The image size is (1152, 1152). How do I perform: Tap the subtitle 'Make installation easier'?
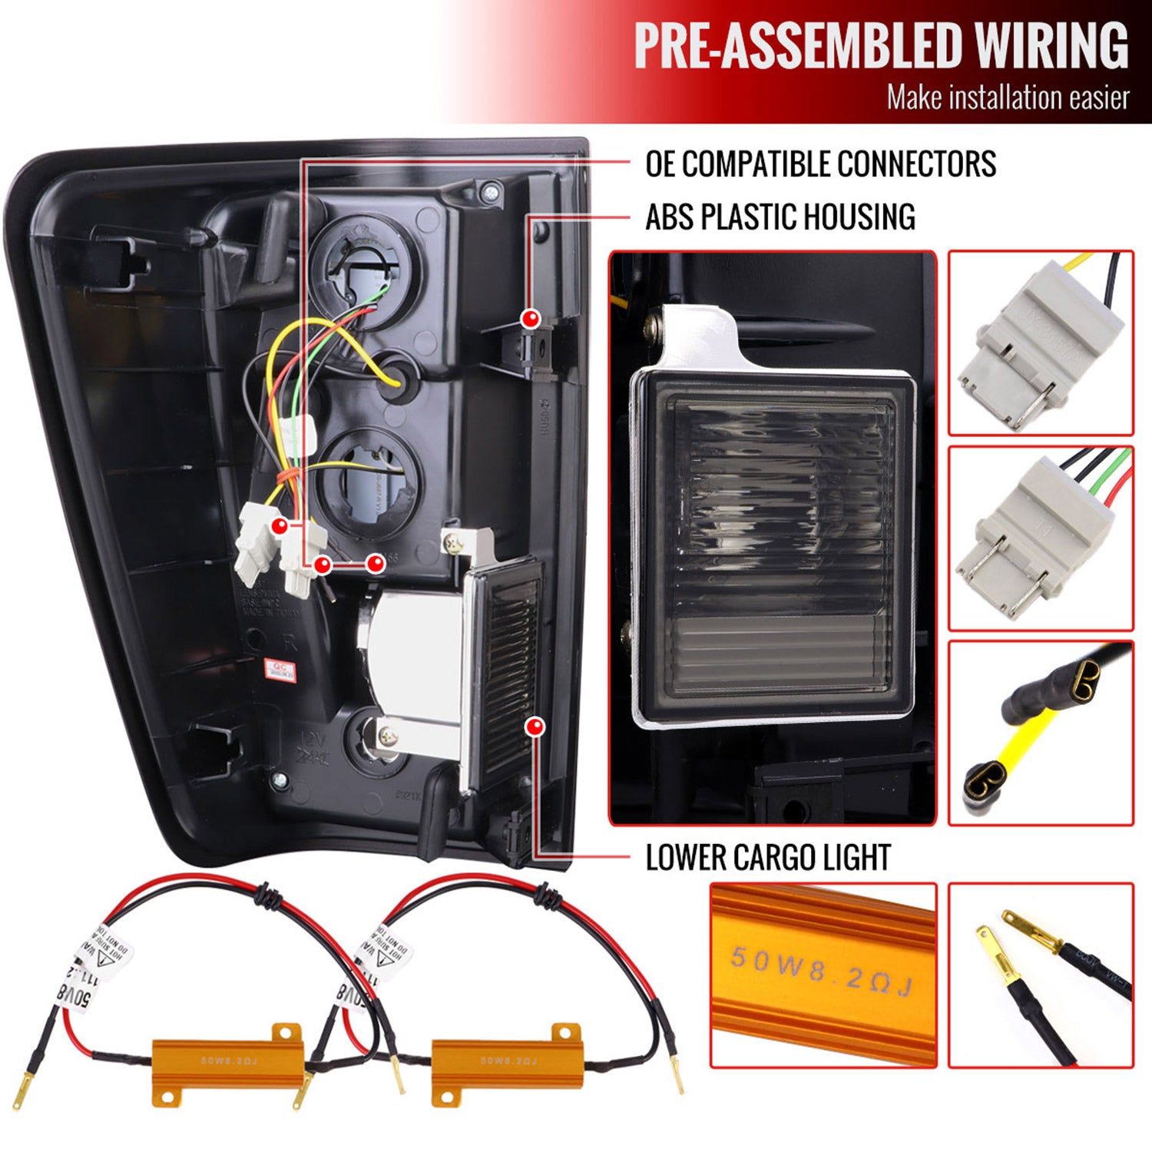pyautogui.click(x=1008, y=98)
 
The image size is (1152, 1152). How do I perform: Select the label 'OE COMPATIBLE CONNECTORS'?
pyautogui.click(x=820, y=164)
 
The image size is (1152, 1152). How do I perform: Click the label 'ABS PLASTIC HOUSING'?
pyautogui.click(x=780, y=217)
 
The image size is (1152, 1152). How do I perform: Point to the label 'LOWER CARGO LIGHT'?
pyautogui.click(x=767, y=858)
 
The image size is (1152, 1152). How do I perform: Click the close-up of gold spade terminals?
pyautogui.click(x=1041, y=975)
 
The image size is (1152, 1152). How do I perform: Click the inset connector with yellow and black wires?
pyautogui.click(x=1041, y=343)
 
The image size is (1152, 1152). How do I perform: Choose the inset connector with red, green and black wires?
pyautogui.click(x=1041, y=538)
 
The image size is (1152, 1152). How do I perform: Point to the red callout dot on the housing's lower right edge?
pyautogui.click(x=535, y=726)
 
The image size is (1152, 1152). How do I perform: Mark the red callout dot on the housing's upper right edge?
pyautogui.click(x=530, y=318)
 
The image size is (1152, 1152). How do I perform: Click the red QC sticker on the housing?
pyautogui.click(x=280, y=670)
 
